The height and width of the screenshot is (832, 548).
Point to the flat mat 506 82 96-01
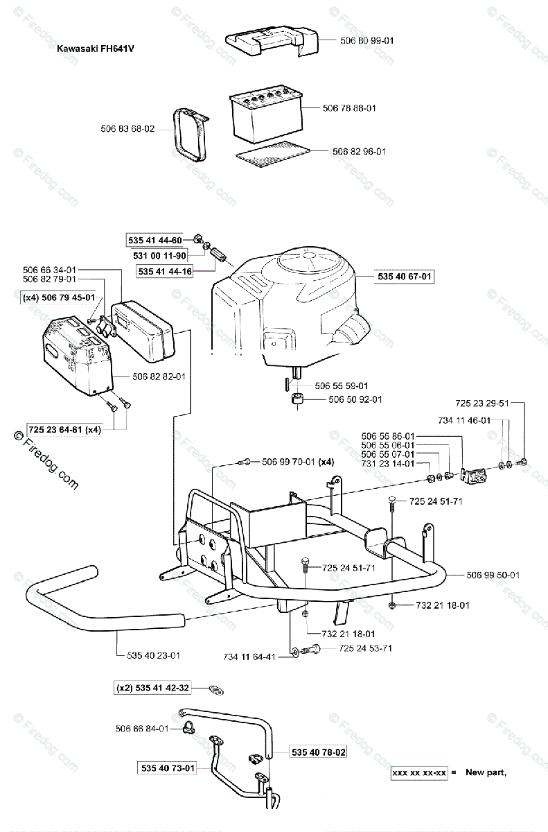coord(270,153)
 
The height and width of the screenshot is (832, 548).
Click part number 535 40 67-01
coord(405,277)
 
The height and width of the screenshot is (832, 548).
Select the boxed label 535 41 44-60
coord(154,241)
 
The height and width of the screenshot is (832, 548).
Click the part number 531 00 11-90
coord(154,256)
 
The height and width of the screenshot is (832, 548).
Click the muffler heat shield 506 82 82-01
coord(76,354)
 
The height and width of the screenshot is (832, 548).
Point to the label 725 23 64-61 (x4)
coord(64,429)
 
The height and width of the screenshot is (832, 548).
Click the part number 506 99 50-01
coord(493,575)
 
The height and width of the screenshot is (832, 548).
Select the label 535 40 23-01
coord(154,655)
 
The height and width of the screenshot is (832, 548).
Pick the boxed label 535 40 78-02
coord(319,752)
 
